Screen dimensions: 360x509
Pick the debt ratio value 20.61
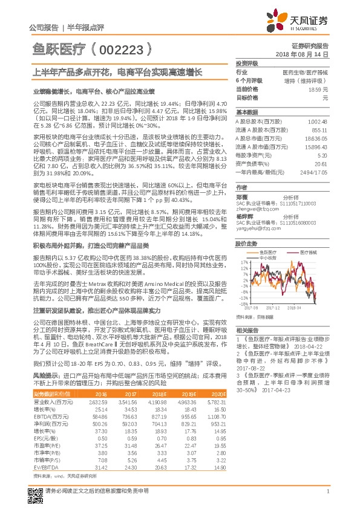[320, 163]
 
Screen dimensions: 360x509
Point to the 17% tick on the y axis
[243, 262]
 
